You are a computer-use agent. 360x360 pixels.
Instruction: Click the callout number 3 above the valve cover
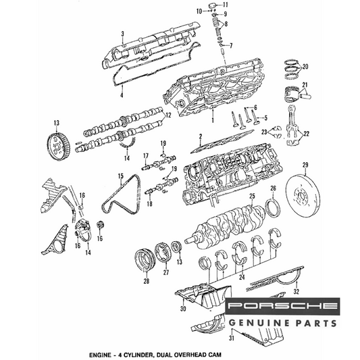[x=123, y=34]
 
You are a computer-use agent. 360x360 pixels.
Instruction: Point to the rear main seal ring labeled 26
[x=273, y=209]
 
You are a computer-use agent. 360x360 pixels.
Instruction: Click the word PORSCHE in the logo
[x=282, y=306]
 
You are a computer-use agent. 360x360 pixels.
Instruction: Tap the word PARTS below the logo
[x=315, y=324]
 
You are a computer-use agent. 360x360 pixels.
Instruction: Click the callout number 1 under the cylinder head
[x=213, y=120]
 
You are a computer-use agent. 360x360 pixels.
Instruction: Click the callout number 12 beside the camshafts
[x=168, y=115]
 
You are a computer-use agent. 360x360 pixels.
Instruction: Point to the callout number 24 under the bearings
[x=242, y=277]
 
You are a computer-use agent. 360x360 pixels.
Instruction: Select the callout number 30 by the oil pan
[x=183, y=309]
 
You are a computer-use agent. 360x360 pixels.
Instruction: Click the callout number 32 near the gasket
[x=297, y=292]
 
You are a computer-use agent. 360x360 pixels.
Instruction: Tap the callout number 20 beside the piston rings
[x=305, y=67]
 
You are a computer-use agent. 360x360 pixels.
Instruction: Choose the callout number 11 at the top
[x=225, y=4]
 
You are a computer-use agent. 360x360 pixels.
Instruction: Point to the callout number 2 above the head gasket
[x=201, y=137]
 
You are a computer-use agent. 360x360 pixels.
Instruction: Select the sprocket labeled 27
[x=163, y=253]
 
